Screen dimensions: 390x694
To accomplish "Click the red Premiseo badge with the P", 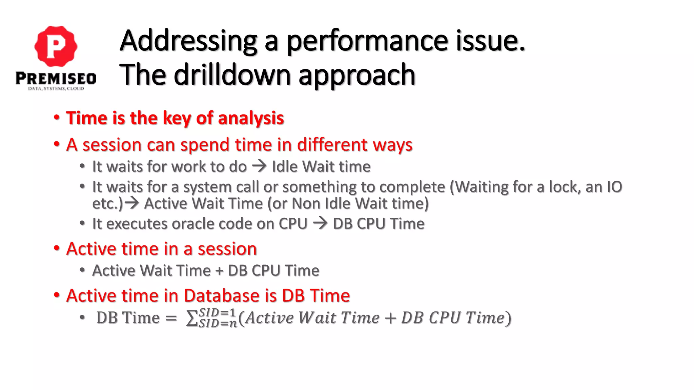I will (56, 46).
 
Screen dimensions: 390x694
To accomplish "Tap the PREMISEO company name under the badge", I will (56, 79).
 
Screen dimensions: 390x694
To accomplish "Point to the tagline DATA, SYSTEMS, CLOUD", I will (56, 89).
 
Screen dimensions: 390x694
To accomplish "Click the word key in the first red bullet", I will (177, 118).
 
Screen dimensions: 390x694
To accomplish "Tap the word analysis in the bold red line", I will (251, 118).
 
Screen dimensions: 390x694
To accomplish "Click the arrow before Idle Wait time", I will (260, 166).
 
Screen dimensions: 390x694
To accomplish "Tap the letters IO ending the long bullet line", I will (614, 187).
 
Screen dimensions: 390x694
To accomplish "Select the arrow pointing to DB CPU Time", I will (320, 223).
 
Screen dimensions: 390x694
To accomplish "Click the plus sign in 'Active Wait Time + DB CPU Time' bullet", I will (219, 271).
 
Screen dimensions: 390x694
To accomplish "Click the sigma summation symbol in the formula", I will (192, 318).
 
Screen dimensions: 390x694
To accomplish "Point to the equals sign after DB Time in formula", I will (171, 318).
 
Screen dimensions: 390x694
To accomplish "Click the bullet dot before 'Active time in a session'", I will (57, 248).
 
